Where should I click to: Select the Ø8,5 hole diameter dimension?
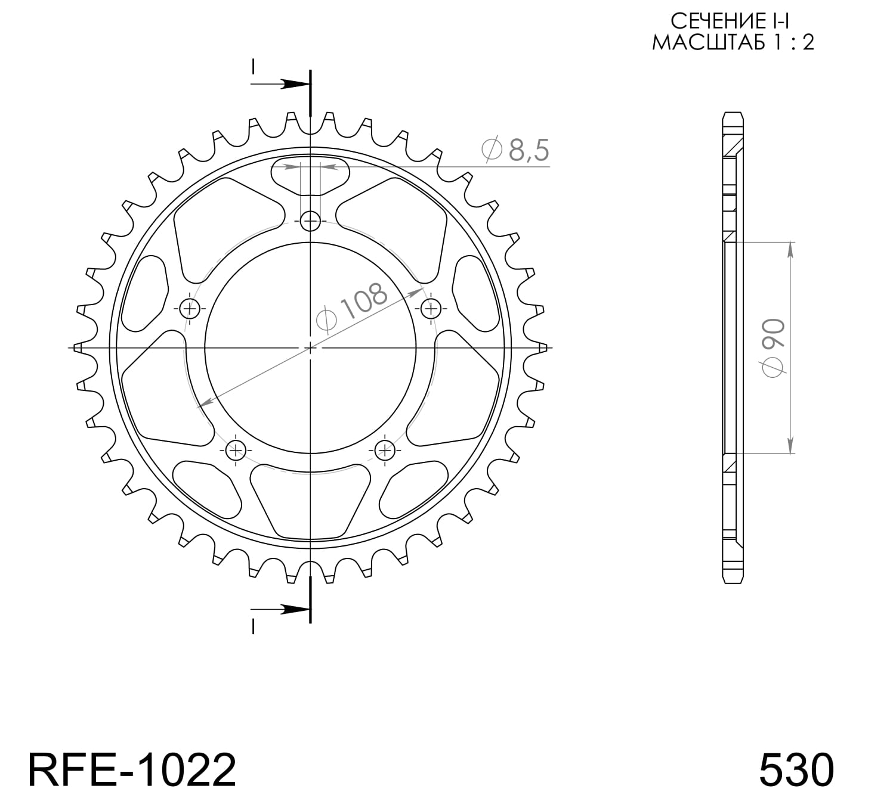coord(515,150)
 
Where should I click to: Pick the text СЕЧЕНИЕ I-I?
coord(731,21)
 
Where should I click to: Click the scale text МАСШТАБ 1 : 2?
coord(733,43)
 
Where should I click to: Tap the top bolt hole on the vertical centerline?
coord(310,222)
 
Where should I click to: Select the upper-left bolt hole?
coord(190,308)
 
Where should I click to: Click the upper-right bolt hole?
coord(430,308)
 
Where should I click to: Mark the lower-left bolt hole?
coord(236,449)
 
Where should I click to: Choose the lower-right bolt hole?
coord(384,449)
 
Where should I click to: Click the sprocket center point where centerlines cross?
coord(310,347)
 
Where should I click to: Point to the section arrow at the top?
coord(292,84)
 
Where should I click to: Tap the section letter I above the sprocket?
coord(253,66)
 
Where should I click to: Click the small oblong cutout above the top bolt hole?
coord(310,175)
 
